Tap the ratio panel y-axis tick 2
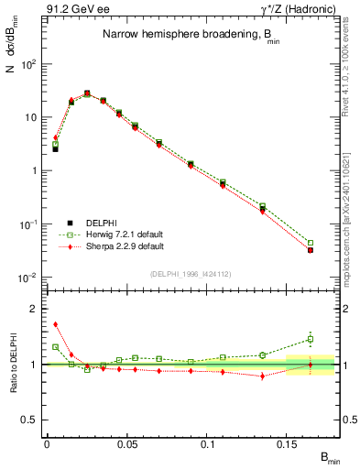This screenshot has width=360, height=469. pyautogui.click(x=33, y=309)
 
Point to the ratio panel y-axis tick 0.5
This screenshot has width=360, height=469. pyautogui.click(x=29, y=420)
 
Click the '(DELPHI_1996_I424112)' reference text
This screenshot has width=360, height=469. pyautogui.click(x=192, y=272)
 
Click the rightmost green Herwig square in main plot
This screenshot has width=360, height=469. pyautogui.click(x=311, y=243)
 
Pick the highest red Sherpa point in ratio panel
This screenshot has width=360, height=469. pyautogui.click(x=55, y=323)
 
